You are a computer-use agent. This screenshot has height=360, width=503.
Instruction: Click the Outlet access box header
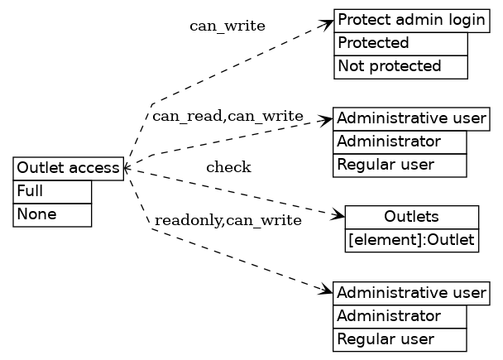[x=68, y=169]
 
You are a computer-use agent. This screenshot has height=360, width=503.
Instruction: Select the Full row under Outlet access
[x=52, y=191]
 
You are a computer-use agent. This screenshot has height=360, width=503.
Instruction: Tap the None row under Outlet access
[x=52, y=214]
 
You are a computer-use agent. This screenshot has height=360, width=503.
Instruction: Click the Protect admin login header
[x=411, y=21]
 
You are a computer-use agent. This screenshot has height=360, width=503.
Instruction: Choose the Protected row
[x=400, y=43]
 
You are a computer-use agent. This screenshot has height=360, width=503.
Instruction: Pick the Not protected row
[x=400, y=66]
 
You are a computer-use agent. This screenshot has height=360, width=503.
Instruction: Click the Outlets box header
[x=411, y=217]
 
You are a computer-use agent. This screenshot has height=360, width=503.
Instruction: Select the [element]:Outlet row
[x=411, y=240]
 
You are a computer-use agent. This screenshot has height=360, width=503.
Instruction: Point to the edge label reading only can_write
[x=228, y=26]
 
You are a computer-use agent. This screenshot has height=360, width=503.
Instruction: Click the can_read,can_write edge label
[x=228, y=116]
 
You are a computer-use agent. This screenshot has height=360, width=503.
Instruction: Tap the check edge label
[x=228, y=168]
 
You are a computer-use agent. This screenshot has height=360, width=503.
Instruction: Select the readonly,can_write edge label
[x=228, y=220]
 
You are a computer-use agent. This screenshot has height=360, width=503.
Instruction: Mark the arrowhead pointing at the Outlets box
[x=338, y=217]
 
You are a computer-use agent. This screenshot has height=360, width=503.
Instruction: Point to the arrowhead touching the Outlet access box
[x=127, y=169]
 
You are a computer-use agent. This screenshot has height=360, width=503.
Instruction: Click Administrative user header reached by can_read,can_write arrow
[x=411, y=118]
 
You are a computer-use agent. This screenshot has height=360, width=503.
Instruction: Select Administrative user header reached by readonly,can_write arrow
[x=411, y=293]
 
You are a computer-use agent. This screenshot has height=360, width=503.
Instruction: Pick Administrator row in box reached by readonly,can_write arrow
[x=400, y=316]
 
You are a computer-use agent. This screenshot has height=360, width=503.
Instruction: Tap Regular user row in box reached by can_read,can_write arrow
[x=400, y=165]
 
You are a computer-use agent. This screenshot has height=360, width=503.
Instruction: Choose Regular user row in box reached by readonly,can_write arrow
[x=400, y=339]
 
